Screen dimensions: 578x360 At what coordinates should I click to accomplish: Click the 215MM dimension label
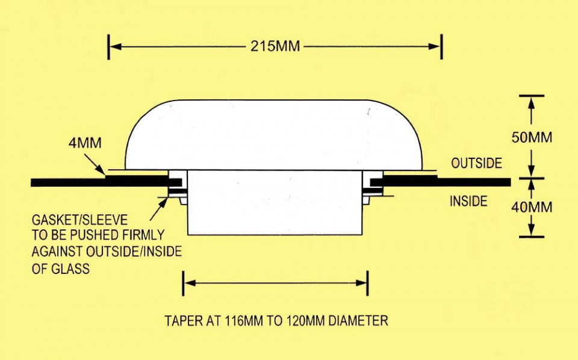pos(275,46)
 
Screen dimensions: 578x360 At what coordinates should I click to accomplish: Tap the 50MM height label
pos(532,137)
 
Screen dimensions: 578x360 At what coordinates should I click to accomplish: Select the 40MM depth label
pos(532,207)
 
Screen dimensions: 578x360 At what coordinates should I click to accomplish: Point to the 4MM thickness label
pos(85,143)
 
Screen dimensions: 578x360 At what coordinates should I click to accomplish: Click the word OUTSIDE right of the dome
pos(476,163)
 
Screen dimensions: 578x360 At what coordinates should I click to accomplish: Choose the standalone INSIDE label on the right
pos(468,201)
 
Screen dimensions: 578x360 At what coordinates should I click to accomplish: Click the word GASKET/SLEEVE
pos(79,220)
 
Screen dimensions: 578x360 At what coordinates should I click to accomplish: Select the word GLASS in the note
pos(70,268)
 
